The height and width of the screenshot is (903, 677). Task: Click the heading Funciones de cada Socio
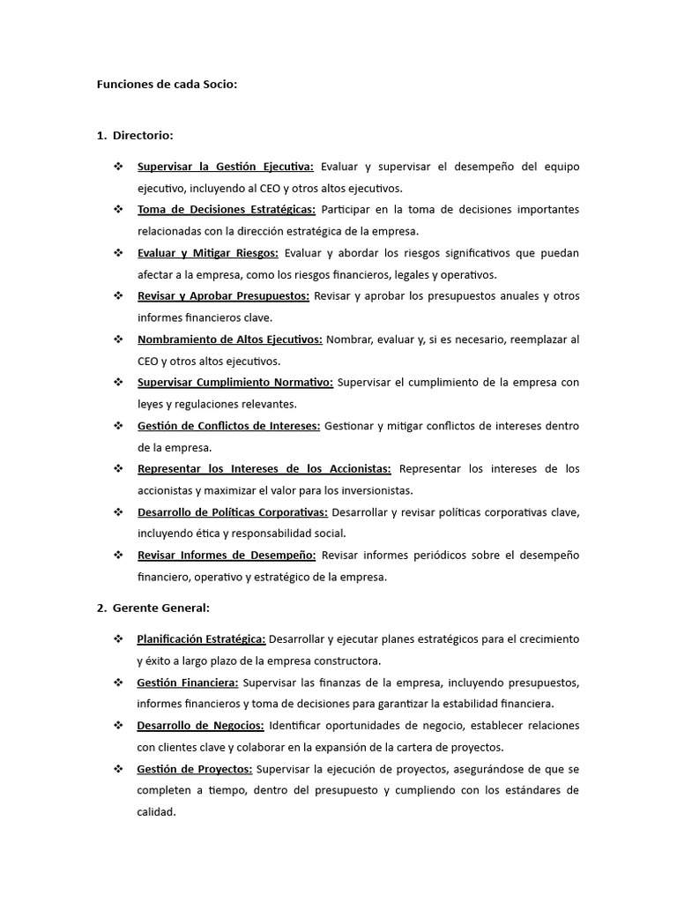167,85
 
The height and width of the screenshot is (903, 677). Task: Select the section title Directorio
143,135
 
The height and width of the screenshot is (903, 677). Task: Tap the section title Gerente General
160,608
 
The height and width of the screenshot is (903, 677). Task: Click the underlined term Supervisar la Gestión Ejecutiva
226,167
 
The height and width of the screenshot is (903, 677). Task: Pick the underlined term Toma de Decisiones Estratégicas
227,210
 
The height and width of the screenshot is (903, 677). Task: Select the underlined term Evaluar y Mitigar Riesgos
208,253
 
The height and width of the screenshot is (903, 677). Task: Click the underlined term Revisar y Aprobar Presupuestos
223,296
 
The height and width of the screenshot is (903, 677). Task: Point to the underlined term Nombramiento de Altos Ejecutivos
230,340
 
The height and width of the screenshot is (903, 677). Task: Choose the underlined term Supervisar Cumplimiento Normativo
235,383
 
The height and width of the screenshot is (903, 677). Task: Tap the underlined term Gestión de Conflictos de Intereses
228,426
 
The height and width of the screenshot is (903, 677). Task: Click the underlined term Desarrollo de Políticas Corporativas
233,512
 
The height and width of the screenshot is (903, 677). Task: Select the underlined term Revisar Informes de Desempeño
227,556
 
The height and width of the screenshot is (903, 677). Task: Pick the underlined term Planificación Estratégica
201,639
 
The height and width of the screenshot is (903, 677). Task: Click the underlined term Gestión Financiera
188,683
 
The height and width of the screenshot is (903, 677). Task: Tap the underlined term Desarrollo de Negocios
201,726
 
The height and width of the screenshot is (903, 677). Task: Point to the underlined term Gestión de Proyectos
195,769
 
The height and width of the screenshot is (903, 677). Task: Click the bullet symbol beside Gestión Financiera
118,683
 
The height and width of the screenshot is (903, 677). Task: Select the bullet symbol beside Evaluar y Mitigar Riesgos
118,253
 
